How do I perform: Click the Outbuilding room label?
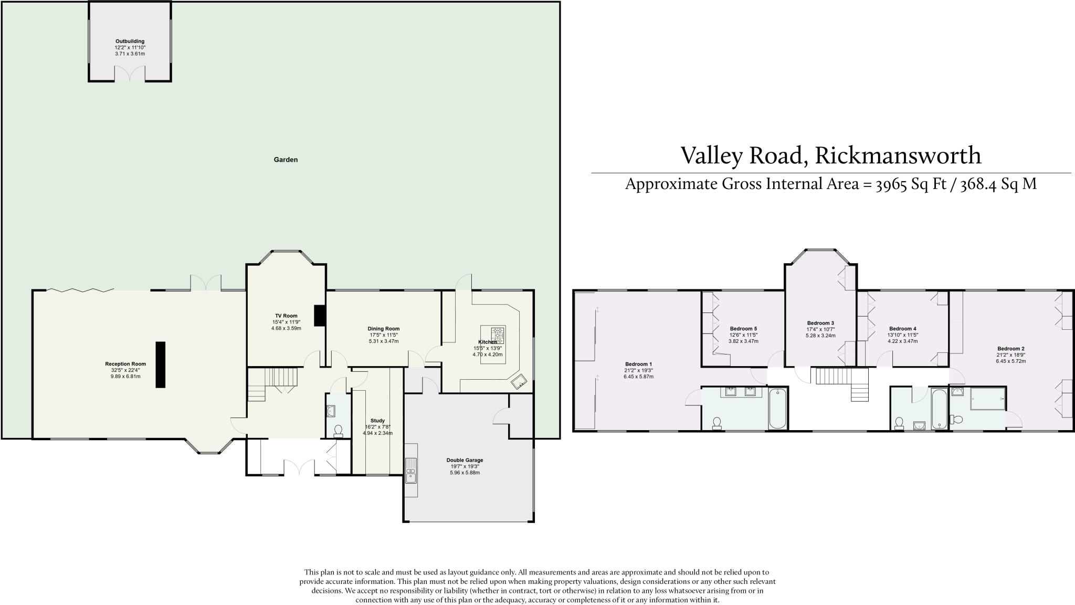pyautogui.click(x=130, y=41)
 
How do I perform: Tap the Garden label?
pyautogui.click(x=286, y=160)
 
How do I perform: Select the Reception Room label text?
pyautogui.click(x=125, y=364)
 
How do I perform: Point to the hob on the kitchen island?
pyautogui.click(x=497, y=335)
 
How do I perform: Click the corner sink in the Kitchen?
pyautogui.click(x=520, y=382)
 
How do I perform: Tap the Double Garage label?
pyautogui.click(x=465, y=460)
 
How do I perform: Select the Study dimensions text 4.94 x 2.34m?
pyautogui.click(x=377, y=433)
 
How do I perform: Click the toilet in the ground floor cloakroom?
pyautogui.click(x=338, y=431)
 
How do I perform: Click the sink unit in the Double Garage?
pyautogui.click(x=411, y=471)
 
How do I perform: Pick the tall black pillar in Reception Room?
pyautogui.click(x=160, y=364)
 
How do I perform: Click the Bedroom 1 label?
pyautogui.click(x=638, y=364)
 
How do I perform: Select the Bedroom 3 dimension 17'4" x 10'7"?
pyautogui.click(x=820, y=329)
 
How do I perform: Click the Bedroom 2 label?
pyautogui.click(x=1011, y=349)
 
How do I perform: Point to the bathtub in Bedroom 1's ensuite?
pyautogui.click(x=777, y=408)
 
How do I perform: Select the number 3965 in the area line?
pyautogui.click(x=892, y=185)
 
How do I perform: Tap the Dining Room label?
pyautogui.click(x=383, y=329)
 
